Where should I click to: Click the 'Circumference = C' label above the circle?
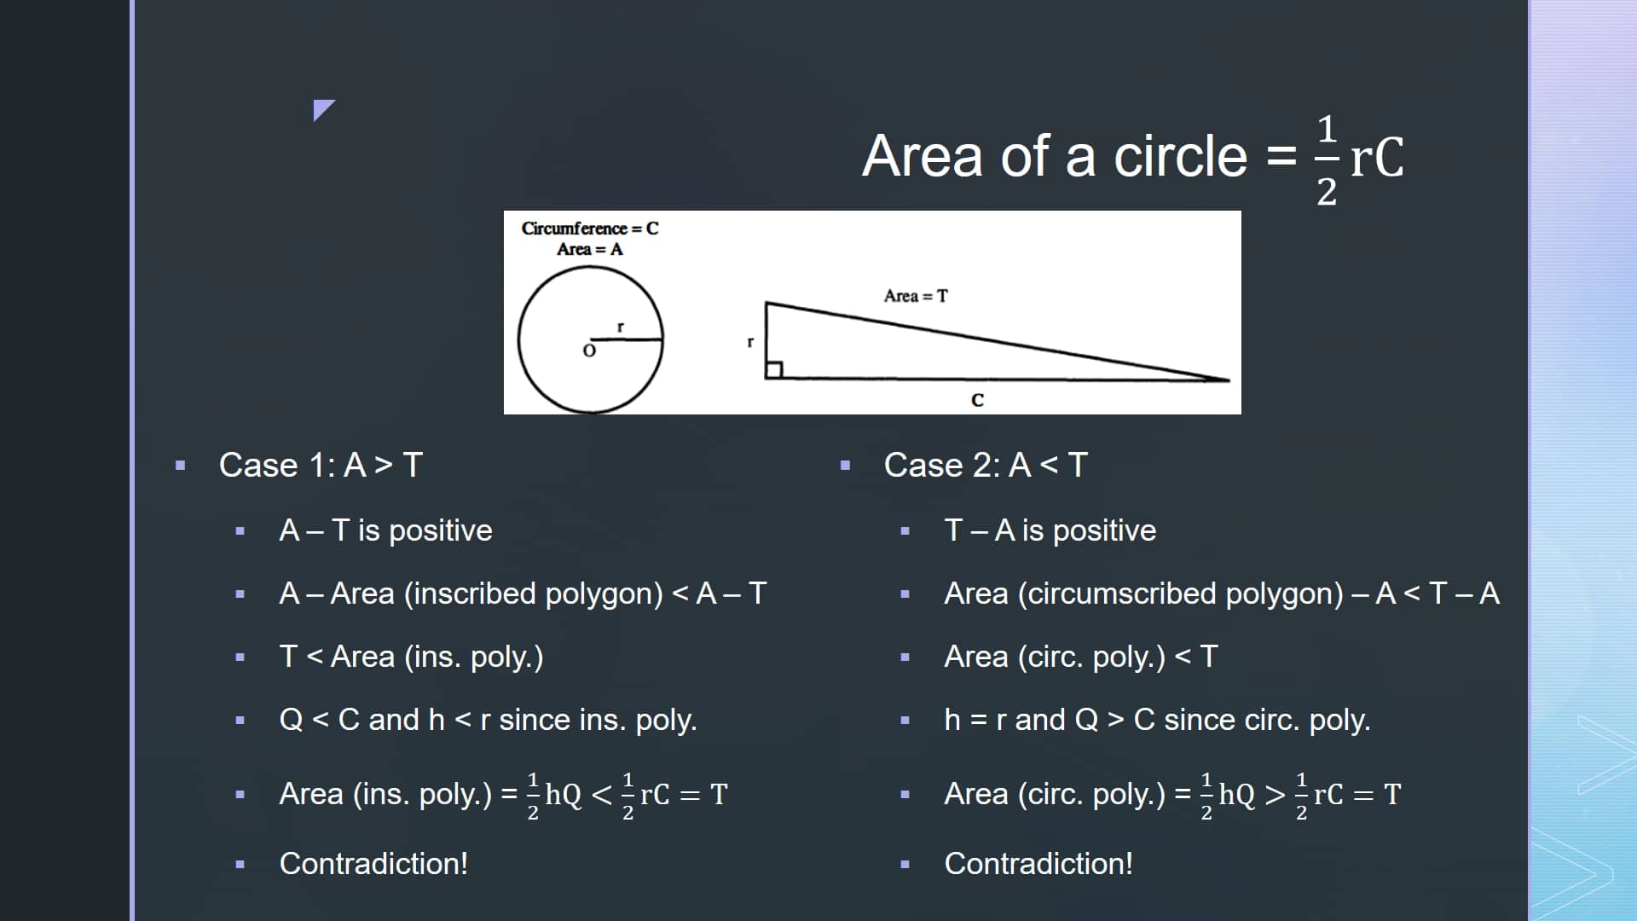590,229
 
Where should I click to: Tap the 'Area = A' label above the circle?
590,250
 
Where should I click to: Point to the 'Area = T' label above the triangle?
916,296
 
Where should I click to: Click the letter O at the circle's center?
589,350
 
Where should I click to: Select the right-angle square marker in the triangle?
774,369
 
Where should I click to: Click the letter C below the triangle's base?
977,400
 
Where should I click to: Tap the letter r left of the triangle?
750,342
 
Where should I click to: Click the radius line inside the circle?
627,339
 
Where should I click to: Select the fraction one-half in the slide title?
1327,160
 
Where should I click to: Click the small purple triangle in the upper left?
321,108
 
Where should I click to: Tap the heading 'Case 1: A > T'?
321,466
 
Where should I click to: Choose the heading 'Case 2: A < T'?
986,466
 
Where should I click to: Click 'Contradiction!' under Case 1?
373,864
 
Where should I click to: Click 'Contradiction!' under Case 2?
1038,864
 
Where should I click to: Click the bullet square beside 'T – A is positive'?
905,531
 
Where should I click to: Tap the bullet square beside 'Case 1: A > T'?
180,466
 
